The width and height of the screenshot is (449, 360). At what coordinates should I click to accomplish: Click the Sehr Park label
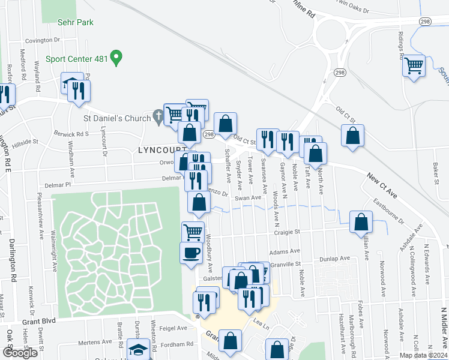(76, 22)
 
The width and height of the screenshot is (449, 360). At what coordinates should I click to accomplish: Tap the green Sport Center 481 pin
(118, 59)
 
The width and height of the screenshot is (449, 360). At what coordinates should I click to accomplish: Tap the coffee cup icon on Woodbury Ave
(191, 252)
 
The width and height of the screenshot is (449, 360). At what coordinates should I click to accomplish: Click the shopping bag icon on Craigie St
(361, 221)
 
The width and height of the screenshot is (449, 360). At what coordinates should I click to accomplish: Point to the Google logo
(20, 352)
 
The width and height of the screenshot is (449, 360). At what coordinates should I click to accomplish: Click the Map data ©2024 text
(423, 355)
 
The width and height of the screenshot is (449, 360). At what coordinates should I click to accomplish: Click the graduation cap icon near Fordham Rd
(138, 349)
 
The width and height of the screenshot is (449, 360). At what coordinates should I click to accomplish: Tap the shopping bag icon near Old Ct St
(352, 135)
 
